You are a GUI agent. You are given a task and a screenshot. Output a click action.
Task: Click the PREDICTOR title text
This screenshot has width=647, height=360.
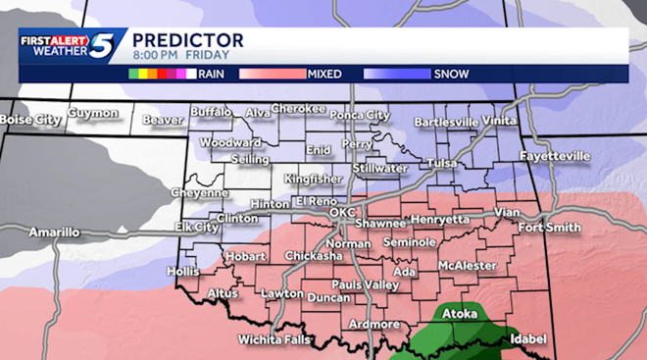(187, 40)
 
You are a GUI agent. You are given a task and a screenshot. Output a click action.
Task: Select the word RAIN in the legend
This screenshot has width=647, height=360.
(212, 74)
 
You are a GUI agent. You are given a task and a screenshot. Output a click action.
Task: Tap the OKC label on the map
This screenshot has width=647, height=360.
(341, 212)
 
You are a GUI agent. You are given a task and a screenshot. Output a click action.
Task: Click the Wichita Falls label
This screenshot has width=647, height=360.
(271, 339)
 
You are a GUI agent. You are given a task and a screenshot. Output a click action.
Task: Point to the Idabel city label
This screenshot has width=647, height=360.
(527, 339)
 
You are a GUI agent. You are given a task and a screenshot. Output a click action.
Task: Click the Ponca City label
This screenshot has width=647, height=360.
(361, 115)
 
